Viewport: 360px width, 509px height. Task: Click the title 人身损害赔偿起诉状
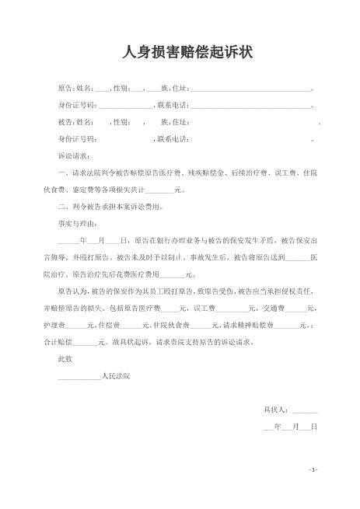(x=180, y=53)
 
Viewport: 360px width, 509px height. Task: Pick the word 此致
(x=65, y=360)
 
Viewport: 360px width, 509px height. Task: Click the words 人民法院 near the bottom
(x=117, y=376)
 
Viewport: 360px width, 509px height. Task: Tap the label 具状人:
(x=277, y=410)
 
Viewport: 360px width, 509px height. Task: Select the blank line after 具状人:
(x=305, y=410)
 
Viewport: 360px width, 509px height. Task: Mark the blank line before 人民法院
(x=80, y=376)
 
